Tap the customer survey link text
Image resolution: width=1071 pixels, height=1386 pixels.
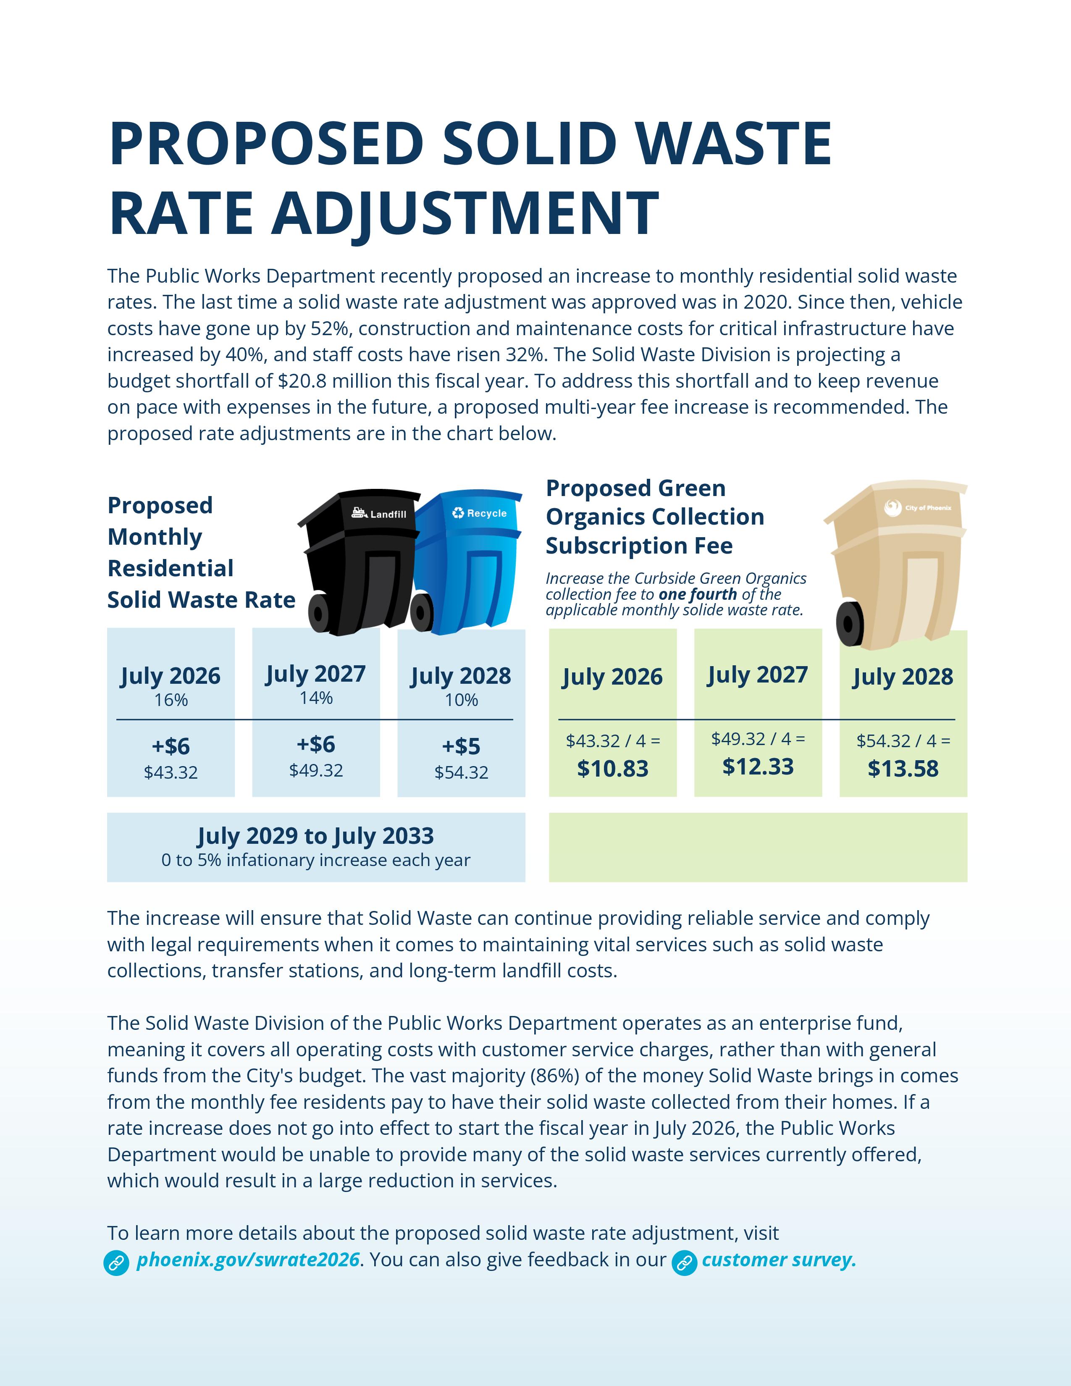[779, 1259]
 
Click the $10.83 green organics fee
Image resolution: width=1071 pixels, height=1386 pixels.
[612, 769]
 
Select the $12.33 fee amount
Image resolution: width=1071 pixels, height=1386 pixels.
[758, 766]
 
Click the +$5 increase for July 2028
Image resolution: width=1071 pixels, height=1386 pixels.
[461, 746]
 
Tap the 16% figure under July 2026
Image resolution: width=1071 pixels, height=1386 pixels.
[171, 700]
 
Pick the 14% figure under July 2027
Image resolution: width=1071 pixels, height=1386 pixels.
[316, 698]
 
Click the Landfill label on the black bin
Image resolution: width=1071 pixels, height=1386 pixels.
[388, 514]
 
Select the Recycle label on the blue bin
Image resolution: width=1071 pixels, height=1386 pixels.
[486, 513]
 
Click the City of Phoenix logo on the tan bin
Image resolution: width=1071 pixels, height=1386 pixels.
[893, 508]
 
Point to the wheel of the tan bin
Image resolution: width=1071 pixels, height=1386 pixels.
[850, 624]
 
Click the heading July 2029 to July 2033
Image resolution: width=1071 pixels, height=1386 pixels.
[315, 836]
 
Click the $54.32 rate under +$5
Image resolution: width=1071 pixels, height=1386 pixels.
[461, 772]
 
